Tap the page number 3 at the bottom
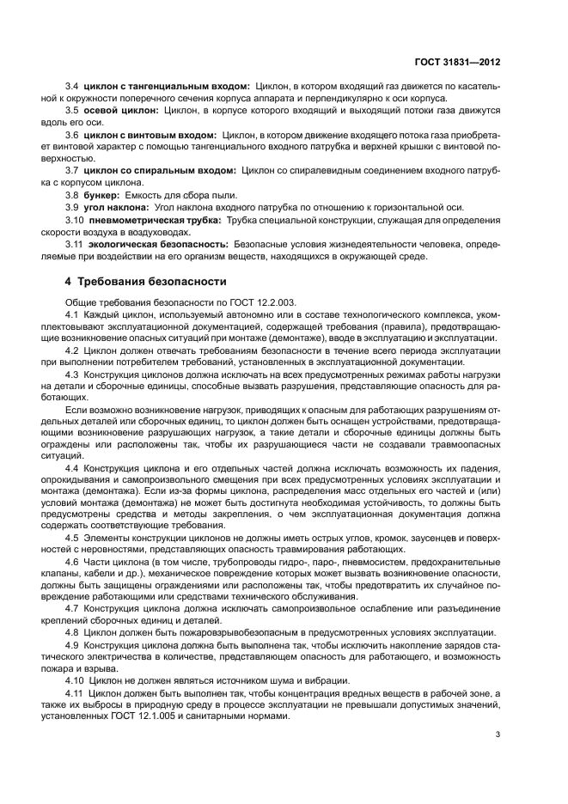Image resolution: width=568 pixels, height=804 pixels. [x=498, y=734]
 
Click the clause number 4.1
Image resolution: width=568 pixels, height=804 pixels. [x=72, y=316]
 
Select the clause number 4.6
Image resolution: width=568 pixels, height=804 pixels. [x=72, y=562]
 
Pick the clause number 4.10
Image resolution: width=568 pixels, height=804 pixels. [x=75, y=680]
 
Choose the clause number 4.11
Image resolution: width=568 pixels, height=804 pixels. [x=75, y=692]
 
